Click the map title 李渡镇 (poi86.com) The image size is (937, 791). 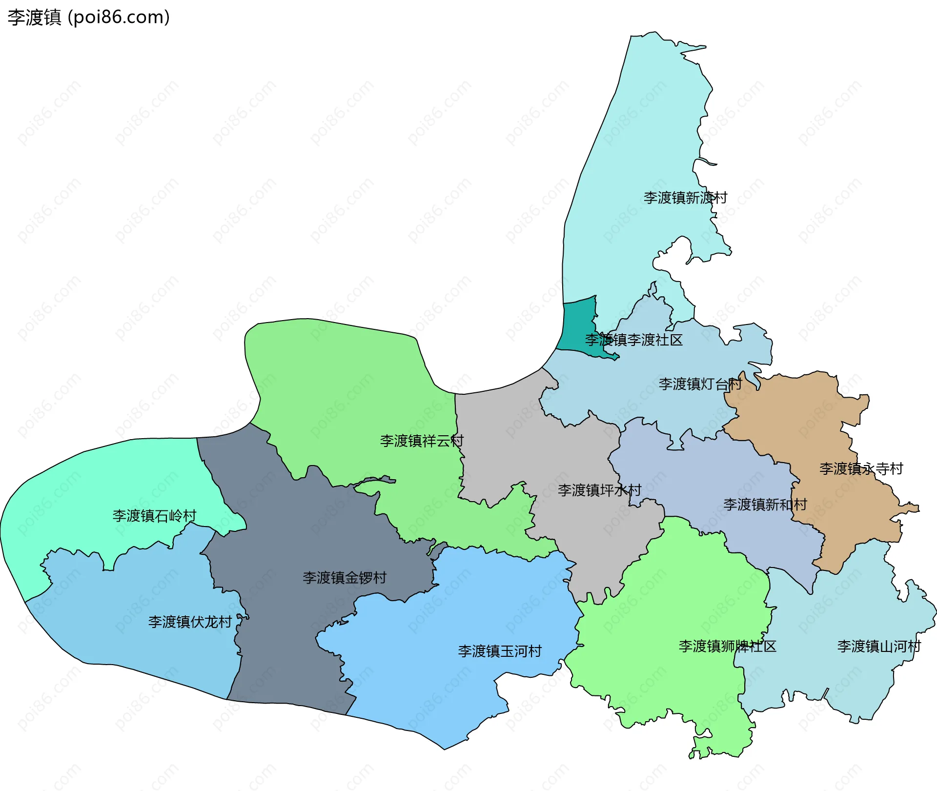pyautogui.click(x=88, y=18)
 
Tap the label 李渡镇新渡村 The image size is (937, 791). pyautogui.click(x=685, y=198)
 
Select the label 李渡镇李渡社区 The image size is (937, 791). pyautogui.click(x=633, y=340)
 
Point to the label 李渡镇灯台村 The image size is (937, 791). pyautogui.click(x=700, y=384)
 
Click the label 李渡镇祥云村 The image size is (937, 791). pyautogui.click(x=422, y=441)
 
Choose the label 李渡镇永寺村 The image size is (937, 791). pyautogui.click(x=861, y=469)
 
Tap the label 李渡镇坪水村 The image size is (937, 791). pyautogui.click(x=599, y=490)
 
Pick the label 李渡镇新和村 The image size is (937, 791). pyautogui.click(x=765, y=505)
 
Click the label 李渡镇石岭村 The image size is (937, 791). pyautogui.click(x=154, y=516)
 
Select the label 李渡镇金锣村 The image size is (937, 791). pyautogui.click(x=345, y=578)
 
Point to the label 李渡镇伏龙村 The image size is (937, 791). pyautogui.click(x=190, y=622)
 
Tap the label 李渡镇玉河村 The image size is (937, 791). pyautogui.click(x=500, y=651)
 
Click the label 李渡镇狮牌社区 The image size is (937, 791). pyautogui.click(x=727, y=647)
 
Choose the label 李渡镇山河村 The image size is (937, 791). pyautogui.click(x=879, y=647)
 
